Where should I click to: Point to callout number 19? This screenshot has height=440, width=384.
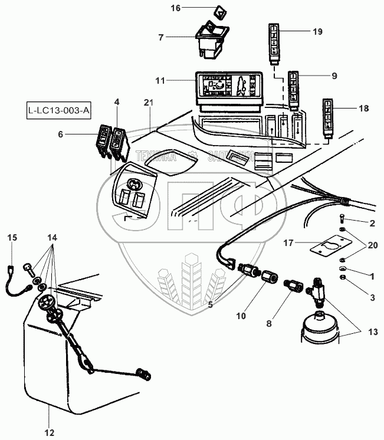pyautogui.click(x=317, y=32)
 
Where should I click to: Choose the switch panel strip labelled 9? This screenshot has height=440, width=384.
pyautogui.click(x=294, y=87)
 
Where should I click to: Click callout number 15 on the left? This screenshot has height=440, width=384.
pyautogui.click(x=12, y=238)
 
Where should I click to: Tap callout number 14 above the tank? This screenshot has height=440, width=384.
pyautogui.click(x=52, y=238)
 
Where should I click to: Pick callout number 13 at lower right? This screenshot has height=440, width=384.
pyautogui.click(x=372, y=332)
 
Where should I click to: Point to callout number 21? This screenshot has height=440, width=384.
pyautogui.click(x=147, y=103)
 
